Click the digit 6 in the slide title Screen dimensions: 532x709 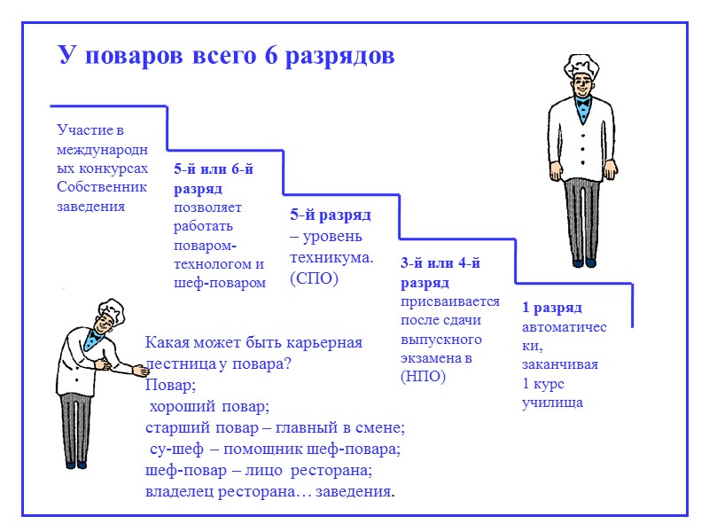(x=271, y=56)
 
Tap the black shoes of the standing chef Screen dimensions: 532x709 (x=583, y=262)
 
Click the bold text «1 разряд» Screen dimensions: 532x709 (x=551, y=308)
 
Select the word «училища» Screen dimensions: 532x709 (x=552, y=403)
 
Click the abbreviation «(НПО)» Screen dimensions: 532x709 (x=425, y=377)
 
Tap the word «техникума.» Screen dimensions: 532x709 (x=331, y=257)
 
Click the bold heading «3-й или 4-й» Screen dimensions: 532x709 (x=440, y=263)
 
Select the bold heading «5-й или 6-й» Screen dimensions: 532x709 (x=214, y=169)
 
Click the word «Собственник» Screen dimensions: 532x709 (x=101, y=187)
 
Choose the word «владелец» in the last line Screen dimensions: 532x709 (x=177, y=491)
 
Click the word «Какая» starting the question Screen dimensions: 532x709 (x=168, y=343)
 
